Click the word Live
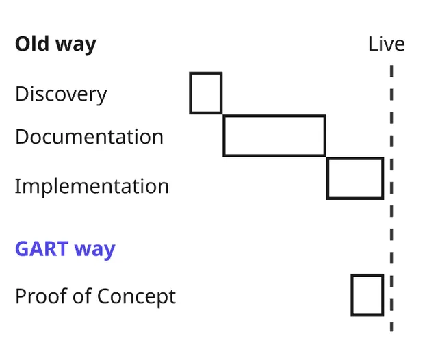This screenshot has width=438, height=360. (x=387, y=44)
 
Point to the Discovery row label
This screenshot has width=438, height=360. (x=61, y=94)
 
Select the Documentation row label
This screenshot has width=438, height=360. (x=90, y=137)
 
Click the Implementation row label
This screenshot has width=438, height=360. (x=92, y=187)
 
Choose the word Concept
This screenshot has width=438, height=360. (x=137, y=297)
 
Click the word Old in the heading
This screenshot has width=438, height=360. (x=32, y=44)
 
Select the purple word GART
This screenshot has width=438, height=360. (x=42, y=248)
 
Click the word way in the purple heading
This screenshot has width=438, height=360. (x=95, y=250)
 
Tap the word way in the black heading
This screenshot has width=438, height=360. (x=76, y=46)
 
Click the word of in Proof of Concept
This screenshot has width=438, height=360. (x=83, y=296)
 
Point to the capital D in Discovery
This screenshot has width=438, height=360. (x=22, y=94)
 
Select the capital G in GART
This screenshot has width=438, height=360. (x=22, y=248)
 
